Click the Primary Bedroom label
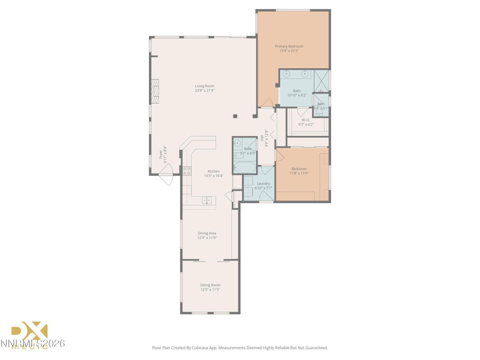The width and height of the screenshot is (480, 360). pos(289,46)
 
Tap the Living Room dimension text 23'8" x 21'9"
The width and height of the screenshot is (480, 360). pos(204,90)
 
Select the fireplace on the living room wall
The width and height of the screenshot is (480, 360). pos(155,91)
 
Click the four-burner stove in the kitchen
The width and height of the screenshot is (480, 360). pos(187,171)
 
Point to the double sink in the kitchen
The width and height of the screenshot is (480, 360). pos(207,200)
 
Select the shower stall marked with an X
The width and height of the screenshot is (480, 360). pos(321,81)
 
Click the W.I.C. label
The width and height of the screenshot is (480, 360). pos(306,120)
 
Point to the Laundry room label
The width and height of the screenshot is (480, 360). pos(263,184)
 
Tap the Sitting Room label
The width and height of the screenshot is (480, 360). pos(210,285)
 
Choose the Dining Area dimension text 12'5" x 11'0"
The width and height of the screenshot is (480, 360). pos(207,238)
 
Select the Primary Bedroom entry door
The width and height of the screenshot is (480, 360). pos(267,103)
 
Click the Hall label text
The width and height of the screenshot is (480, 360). pos(262,138)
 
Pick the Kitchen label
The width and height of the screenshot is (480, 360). pos(213,171)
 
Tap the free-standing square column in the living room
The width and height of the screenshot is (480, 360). pos(235,116)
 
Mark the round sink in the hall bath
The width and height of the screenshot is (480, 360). pos(237,143)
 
